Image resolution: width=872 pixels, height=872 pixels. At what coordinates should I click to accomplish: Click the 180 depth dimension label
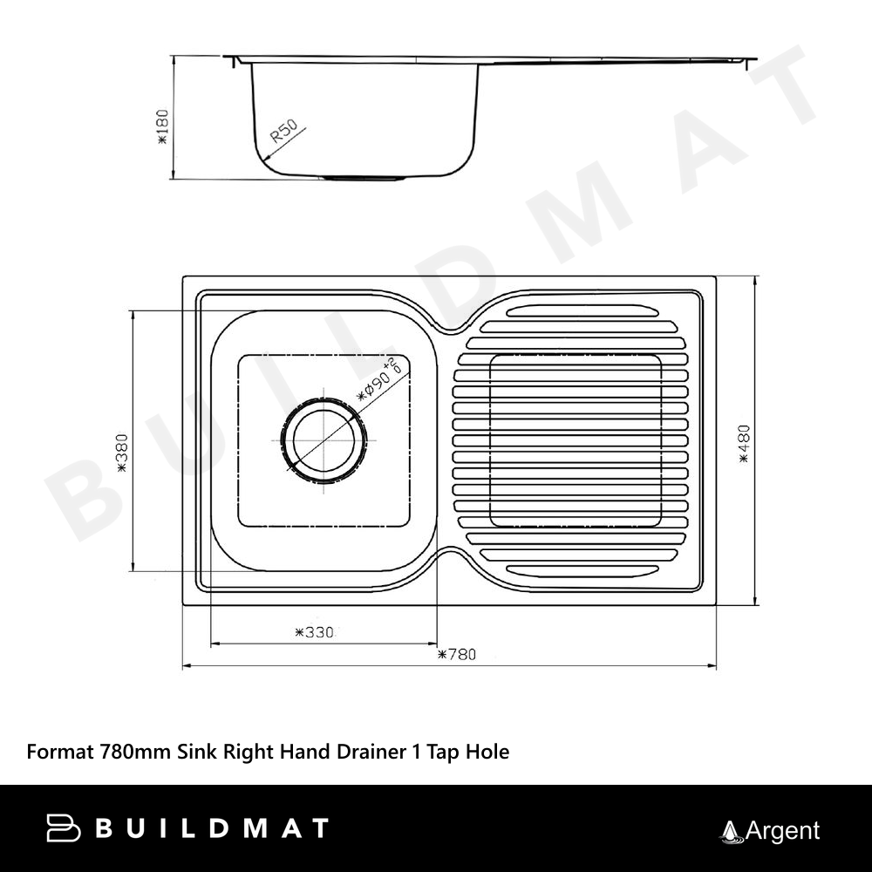click(x=162, y=126)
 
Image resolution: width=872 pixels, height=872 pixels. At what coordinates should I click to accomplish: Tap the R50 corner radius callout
click(x=284, y=132)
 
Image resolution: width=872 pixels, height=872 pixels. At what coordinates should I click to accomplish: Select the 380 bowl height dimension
click(x=122, y=453)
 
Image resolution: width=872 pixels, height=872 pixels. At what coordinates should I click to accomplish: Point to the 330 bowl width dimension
click(x=314, y=632)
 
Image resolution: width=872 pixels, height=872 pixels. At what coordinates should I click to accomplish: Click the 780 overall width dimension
click(x=457, y=654)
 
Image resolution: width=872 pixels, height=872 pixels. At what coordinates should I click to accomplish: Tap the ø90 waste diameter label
click(x=378, y=380)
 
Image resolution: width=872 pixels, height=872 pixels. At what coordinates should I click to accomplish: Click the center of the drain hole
click(x=324, y=440)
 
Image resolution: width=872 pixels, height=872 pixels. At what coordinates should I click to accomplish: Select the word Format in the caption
click(x=61, y=752)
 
